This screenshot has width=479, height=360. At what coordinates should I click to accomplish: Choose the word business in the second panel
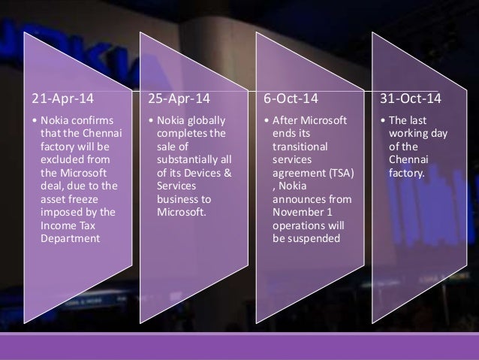point(176,199)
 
